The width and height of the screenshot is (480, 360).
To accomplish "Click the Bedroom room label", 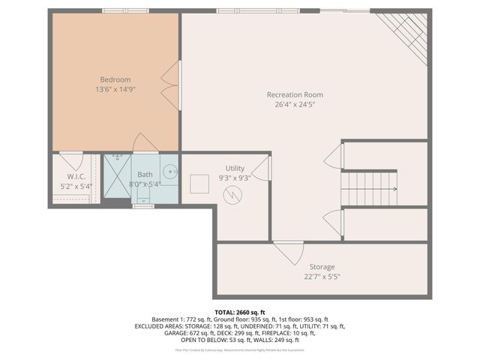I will [x=115, y=79].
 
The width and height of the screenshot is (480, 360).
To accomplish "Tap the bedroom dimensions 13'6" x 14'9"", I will [x=115, y=89].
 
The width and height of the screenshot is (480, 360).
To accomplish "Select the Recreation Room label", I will [x=295, y=94].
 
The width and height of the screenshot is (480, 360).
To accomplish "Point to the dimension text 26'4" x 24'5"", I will [x=295, y=104].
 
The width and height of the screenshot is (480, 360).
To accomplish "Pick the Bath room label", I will [x=144, y=174].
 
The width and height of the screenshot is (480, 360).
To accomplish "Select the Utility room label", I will [x=235, y=169].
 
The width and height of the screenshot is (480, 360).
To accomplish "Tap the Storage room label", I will [x=322, y=266].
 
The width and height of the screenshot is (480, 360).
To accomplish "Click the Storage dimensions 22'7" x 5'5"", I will [x=322, y=276].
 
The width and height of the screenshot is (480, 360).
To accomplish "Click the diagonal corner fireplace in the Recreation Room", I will [x=406, y=33].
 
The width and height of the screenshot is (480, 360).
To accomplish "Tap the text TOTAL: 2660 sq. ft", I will [x=240, y=311].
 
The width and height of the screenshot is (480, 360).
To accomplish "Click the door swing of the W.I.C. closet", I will [x=71, y=160].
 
